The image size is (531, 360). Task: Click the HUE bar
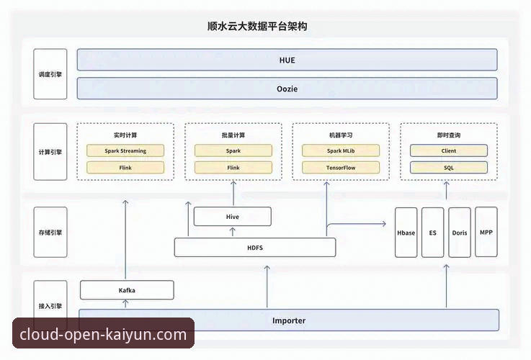287,60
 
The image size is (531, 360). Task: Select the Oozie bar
287,89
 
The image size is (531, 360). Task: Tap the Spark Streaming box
125,151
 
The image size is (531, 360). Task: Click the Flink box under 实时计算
125,168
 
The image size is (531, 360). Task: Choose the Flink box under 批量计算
233,168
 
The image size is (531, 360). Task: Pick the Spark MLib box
340,151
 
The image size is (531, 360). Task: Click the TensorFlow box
340,168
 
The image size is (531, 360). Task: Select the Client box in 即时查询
448,151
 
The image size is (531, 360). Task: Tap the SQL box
448,168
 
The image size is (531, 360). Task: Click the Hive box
233,217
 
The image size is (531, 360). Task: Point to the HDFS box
255,248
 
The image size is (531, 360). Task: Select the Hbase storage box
406,233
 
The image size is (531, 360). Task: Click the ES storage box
432,233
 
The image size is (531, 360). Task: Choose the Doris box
459,233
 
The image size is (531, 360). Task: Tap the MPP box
486,233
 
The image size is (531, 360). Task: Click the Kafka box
127,290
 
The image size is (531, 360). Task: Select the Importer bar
288,320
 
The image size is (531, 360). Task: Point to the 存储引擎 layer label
50,233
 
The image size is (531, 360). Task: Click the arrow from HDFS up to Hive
233,232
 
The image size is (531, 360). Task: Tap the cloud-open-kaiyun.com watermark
103,334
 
